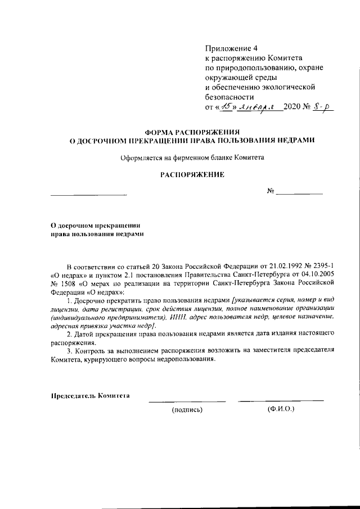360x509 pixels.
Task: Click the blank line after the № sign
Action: coord(299,193)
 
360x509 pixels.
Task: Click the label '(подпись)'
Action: coord(187,409)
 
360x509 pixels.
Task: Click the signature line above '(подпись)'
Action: coord(187,401)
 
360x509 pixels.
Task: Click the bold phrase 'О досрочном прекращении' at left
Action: coord(95,224)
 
